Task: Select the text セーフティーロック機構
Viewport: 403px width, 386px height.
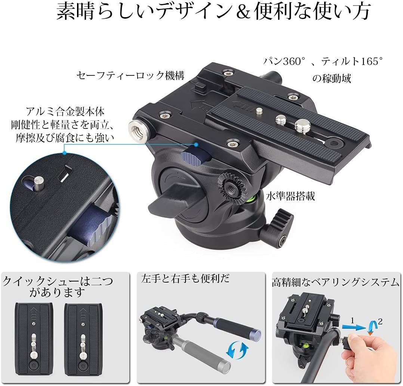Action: pos(130,76)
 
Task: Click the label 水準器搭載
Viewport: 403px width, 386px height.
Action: pos(290,196)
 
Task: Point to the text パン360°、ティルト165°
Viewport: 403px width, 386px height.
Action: pos(323,61)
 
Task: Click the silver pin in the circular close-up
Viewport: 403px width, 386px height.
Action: pos(39,183)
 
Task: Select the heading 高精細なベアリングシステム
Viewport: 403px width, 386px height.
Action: pos(335,283)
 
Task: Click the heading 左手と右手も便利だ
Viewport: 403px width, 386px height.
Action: pos(185,279)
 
